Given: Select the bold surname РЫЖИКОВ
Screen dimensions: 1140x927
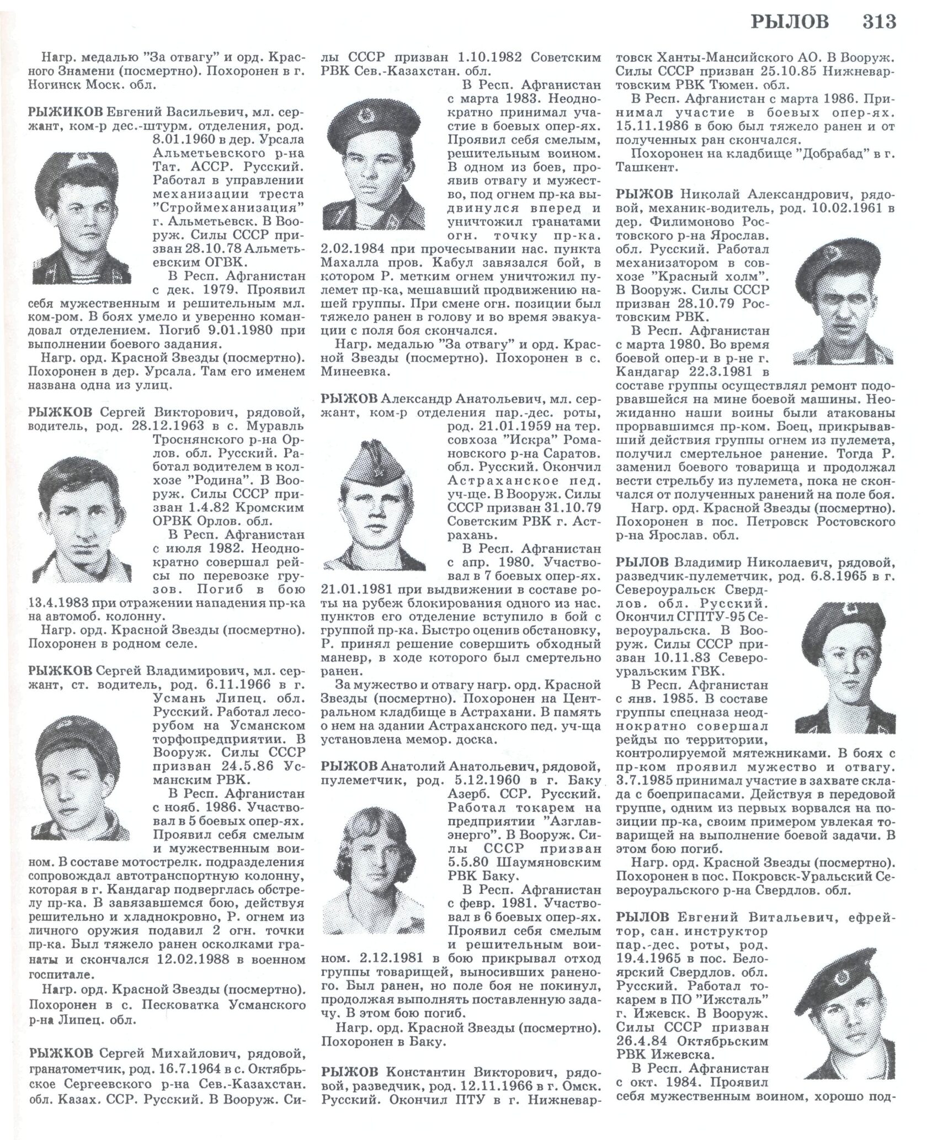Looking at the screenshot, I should click(x=65, y=111).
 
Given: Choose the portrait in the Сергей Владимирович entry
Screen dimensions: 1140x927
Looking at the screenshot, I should click(x=82, y=776).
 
